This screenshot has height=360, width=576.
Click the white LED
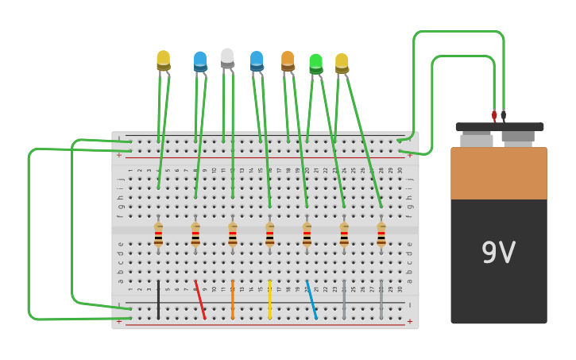(x=227, y=58)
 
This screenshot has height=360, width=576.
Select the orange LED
(x=288, y=61)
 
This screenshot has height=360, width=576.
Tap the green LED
(x=315, y=63)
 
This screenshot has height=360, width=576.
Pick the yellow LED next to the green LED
(x=342, y=63)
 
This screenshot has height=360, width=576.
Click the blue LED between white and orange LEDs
(x=257, y=60)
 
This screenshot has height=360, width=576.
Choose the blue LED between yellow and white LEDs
(x=200, y=61)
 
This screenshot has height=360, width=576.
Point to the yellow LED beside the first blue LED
(x=164, y=60)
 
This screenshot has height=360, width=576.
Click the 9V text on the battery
(x=498, y=254)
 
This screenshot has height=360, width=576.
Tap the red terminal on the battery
(x=494, y=116)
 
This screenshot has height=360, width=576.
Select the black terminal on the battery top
(x=504, y=116)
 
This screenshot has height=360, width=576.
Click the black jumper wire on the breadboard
(x=158, y=300)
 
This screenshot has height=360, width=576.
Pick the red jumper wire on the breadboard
(x=200, y=300)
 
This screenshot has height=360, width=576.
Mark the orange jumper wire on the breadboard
(x=233, y=300)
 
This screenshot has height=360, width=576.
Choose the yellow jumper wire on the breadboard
(x=270, y=300)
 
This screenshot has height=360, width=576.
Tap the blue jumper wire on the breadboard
(x=311, y=300)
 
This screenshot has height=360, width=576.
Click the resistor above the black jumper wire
(x=158, y=234)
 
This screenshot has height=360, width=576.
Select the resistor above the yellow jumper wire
(x=270, y=234)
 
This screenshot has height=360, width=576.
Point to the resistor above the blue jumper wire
(x=307, y=234)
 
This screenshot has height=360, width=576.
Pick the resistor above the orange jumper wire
(x=233, y=234)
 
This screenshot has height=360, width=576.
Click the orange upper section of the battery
(x=498, y=172)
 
